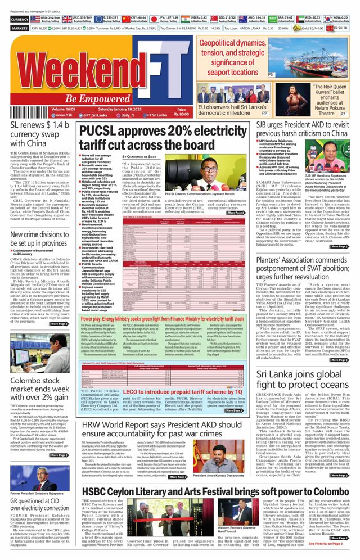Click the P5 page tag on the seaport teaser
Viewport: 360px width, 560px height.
[271, 74]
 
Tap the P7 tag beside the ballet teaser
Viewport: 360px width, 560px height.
[343, 114]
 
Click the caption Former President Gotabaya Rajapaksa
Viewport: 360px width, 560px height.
[36, 493]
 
